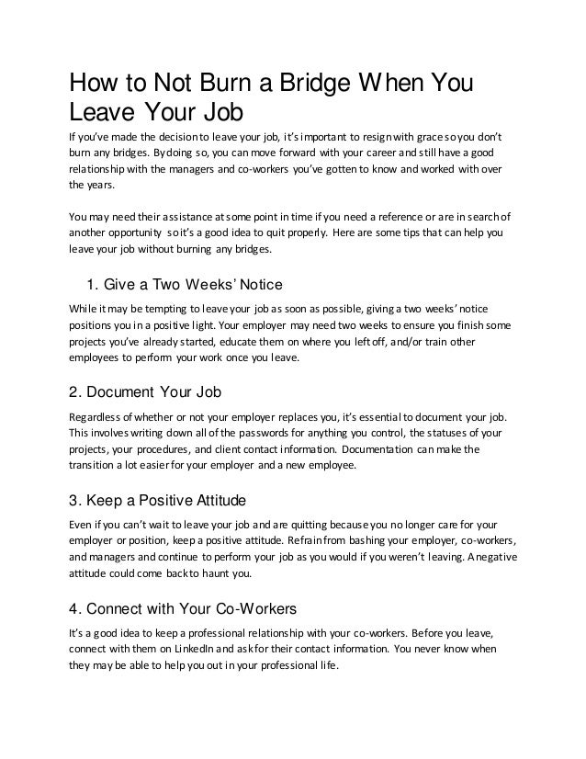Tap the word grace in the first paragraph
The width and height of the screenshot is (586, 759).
[x=449, y=138]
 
